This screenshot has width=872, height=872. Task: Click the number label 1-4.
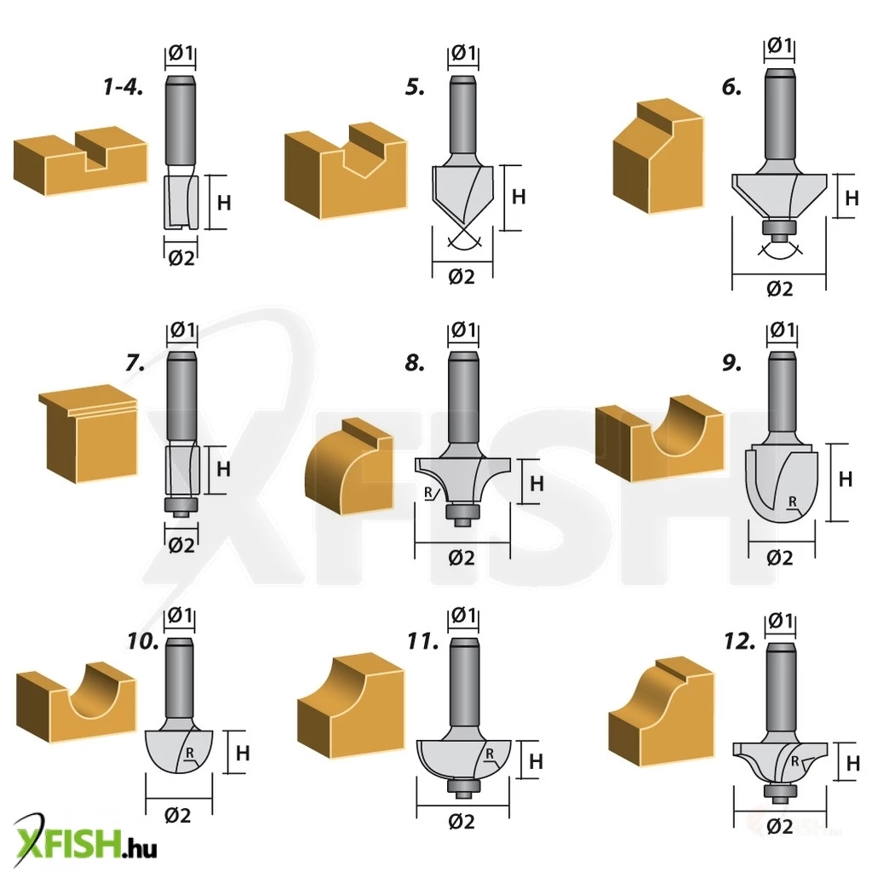123,88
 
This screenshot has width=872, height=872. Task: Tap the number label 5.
415,88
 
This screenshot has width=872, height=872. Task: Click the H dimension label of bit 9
845,479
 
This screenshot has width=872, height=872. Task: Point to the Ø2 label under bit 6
780,289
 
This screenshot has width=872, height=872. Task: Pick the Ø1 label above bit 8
462,330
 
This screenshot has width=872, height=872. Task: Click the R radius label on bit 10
190,753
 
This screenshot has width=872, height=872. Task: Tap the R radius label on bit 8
428,493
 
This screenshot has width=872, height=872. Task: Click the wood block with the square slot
81,161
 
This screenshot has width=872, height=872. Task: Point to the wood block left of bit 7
88,434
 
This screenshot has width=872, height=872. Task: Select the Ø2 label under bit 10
178,815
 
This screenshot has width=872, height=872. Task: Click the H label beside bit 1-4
224,203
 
